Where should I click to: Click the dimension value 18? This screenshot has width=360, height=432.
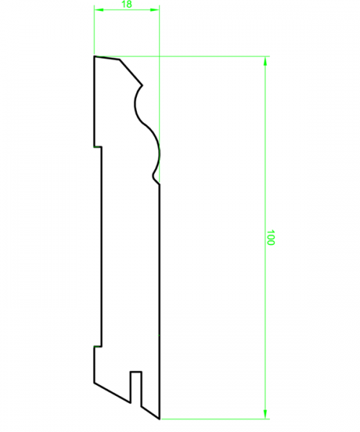click(127, 4)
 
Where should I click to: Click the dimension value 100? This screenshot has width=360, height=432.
click(271, 238)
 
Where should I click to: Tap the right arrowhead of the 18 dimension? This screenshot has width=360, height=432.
click(155, 11)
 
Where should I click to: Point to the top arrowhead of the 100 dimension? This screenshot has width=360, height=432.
click(266, 62)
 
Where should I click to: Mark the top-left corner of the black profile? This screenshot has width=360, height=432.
click(94, 56)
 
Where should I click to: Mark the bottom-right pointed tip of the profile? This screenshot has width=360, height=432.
click(158, 418)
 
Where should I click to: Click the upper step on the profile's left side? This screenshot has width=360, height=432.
click(98, 147)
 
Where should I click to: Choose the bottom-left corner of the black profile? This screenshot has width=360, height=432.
click(94, 381)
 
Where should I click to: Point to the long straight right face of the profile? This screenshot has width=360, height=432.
click(158, 288)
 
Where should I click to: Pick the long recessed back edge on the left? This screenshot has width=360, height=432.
click(102, 245)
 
